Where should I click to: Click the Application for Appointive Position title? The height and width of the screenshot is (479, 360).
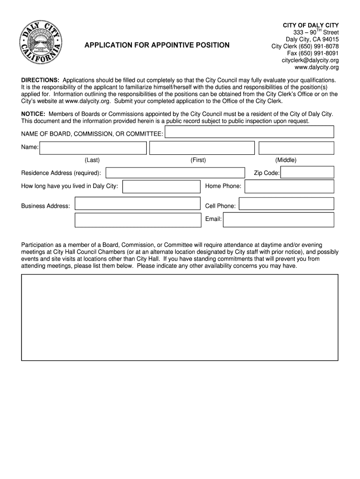(157, 45)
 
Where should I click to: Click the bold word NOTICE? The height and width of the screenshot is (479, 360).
(33, 114)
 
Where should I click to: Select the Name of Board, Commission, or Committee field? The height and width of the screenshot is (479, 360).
(250, 133)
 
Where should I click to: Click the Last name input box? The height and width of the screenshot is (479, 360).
(93, 148)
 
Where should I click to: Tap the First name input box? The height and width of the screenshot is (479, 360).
(202, 148)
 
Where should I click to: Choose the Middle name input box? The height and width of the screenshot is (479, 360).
(296, 148)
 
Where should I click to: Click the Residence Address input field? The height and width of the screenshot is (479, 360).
(175, 173)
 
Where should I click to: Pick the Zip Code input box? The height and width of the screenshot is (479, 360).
(307, 173)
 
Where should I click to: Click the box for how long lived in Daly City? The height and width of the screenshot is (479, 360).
(161, 187)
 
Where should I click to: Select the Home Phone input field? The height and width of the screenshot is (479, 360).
(289, 187)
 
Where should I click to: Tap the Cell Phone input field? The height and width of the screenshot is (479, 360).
(286, 204)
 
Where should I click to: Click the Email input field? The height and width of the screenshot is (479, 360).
(278, 219)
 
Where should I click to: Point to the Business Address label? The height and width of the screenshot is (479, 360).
(46, 206)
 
